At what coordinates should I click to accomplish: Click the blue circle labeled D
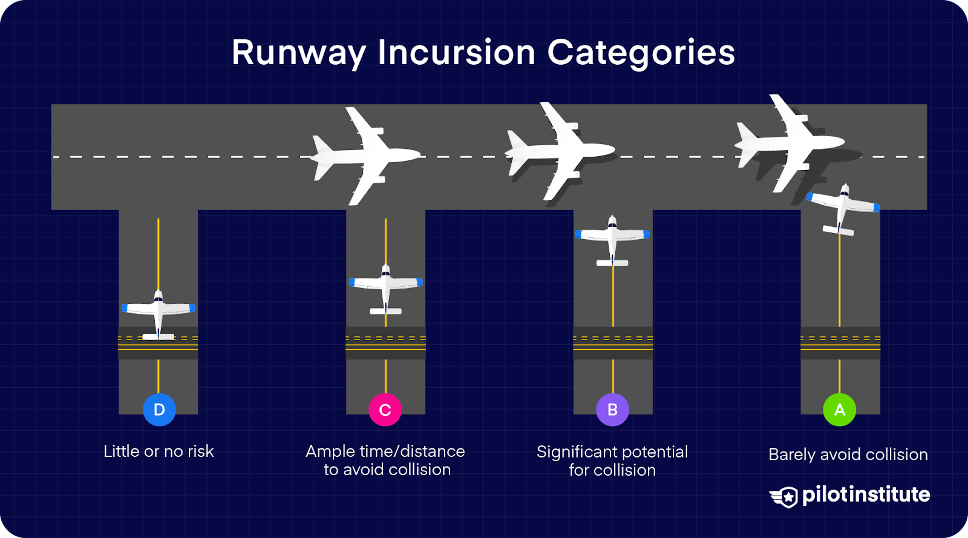click(x=159, y=410)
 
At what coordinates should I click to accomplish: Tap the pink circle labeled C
click(x=385, y=410)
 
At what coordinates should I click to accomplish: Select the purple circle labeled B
click(x=612, y=410)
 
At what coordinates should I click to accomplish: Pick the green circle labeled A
click(x=839, y=410)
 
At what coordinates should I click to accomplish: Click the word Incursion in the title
click(x=457, y=53)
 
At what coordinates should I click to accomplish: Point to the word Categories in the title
click(x=641, y=53)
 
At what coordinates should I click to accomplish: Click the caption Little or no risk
click(x=159, y=451)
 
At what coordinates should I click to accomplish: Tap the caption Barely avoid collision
click(x=848, y=454)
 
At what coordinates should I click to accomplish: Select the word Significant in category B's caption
click(x=577, y=452)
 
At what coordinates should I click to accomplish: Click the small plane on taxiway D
click(x=159, y=312)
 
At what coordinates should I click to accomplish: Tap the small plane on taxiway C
click(x=385, y=287)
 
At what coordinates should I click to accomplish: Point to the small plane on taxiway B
click(x=612, y=238)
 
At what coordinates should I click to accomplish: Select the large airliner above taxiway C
click(x=365, y=156)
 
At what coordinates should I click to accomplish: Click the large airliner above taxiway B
click(x=560, y=151)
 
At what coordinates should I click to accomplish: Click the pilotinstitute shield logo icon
click(x=785, y=496)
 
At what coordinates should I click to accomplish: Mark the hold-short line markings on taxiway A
click(x=840, y=343)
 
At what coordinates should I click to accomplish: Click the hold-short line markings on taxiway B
click(x=612, y=343)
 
